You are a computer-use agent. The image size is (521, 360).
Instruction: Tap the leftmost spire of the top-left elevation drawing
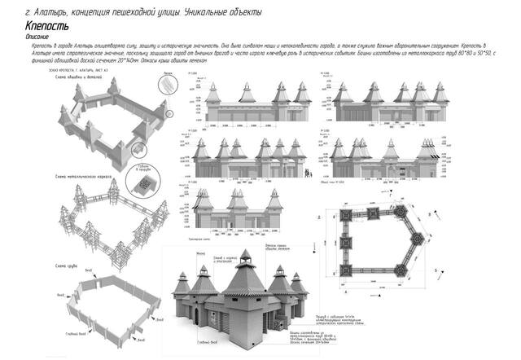point(213,90)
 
